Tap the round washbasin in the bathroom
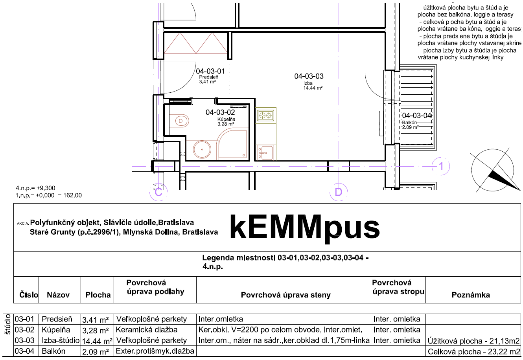point(202,149)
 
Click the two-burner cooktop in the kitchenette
point(265,116)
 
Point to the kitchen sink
point(265,153)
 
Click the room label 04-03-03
point(309,76)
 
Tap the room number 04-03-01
point(210,71)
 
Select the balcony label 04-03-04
point(416,116)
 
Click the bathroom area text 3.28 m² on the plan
point(226,124)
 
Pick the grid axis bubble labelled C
point(158,192)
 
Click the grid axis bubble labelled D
point(339,192)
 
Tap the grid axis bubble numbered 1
point(441,166)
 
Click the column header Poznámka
point(471,295)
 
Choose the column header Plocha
point(98,295)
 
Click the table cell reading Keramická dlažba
point(147,330)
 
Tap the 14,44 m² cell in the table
point(97,341)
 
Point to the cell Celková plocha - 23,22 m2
point(474,352)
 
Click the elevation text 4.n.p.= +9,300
point(35,188)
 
